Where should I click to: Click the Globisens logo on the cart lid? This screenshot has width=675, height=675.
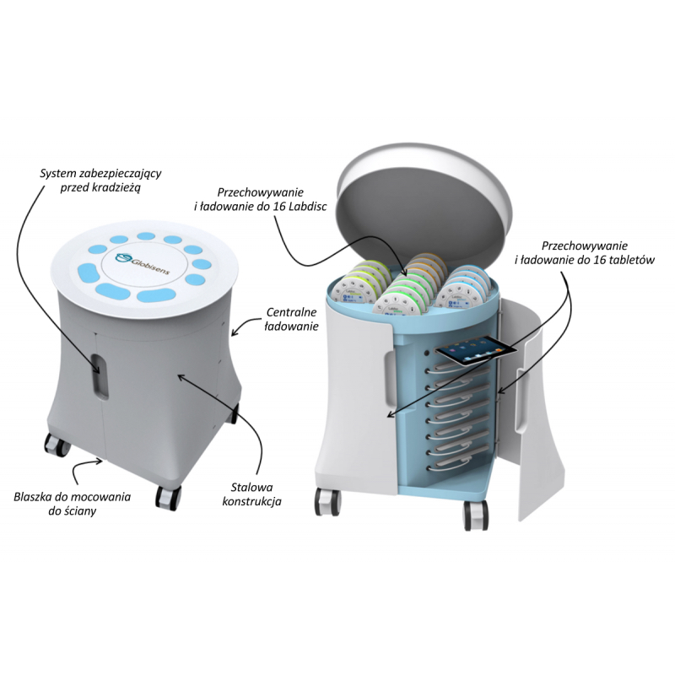tap(143, 262)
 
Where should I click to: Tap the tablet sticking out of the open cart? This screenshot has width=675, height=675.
tap(476, 349)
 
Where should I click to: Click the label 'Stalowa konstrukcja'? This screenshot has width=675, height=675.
tap(251, 494)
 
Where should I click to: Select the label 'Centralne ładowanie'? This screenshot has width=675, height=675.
tap(291, 319)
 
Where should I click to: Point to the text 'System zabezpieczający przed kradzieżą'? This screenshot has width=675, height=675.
tap(100, 181)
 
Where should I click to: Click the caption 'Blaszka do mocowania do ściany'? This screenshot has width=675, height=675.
tap(73, 504)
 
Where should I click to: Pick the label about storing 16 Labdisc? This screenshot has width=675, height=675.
tap(261, 199)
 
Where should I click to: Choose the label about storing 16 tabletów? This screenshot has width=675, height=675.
tap(584, 252)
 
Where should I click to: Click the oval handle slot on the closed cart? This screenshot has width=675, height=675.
tap(100, 374)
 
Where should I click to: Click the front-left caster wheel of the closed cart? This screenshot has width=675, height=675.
tap(57, 445)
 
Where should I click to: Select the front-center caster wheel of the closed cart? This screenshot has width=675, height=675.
tap(167, 498)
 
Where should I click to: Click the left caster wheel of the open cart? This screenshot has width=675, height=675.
tap(327, 500)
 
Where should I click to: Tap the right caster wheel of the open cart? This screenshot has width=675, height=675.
tap(475, 514)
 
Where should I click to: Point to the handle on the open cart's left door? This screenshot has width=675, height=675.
tap(389, 379)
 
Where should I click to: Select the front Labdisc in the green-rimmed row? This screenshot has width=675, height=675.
tap(393, 307)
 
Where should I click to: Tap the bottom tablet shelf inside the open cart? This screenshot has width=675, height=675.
tap(456, 466)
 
